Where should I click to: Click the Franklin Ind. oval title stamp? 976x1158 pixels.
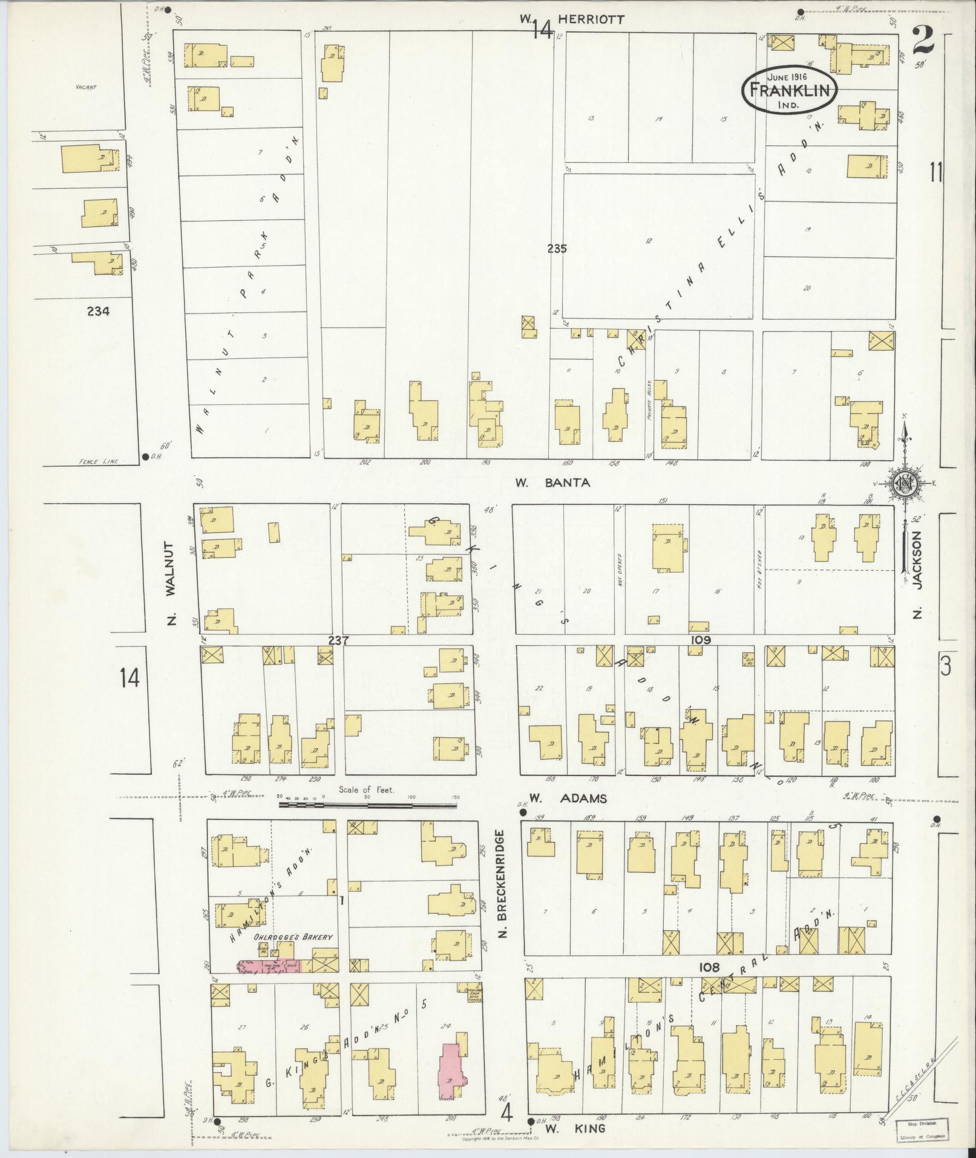click(x=790, y=90)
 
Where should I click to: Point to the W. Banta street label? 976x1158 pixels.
click(x=551, y=483)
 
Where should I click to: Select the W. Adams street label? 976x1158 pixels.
click(x=568, y=798)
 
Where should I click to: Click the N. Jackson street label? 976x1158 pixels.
click(x=917, y=576)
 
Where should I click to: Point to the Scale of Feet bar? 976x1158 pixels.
click(x=368, y=806)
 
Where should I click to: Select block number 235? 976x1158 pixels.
click(x=556, y=248)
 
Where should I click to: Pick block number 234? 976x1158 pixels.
click(x=98, y=312)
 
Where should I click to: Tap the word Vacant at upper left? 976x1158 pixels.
click(x=86, y=87)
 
